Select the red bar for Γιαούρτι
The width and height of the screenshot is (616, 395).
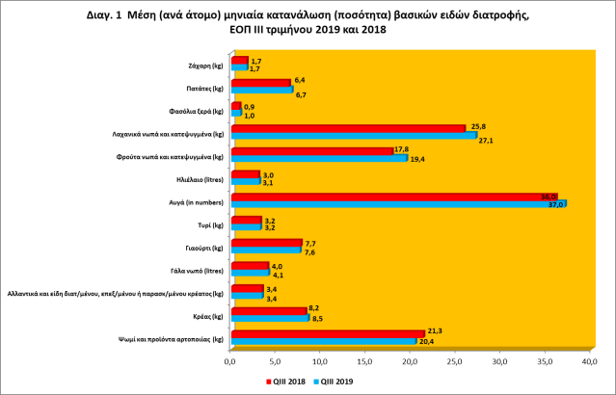[265, 242]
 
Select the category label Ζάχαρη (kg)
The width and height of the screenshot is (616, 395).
[205, 65]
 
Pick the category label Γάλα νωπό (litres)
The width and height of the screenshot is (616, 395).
[199, 270]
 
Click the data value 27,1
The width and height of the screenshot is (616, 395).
[486, 141]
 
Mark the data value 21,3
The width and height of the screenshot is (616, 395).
[434, 330]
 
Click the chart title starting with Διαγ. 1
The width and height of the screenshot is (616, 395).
[308, 22]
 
